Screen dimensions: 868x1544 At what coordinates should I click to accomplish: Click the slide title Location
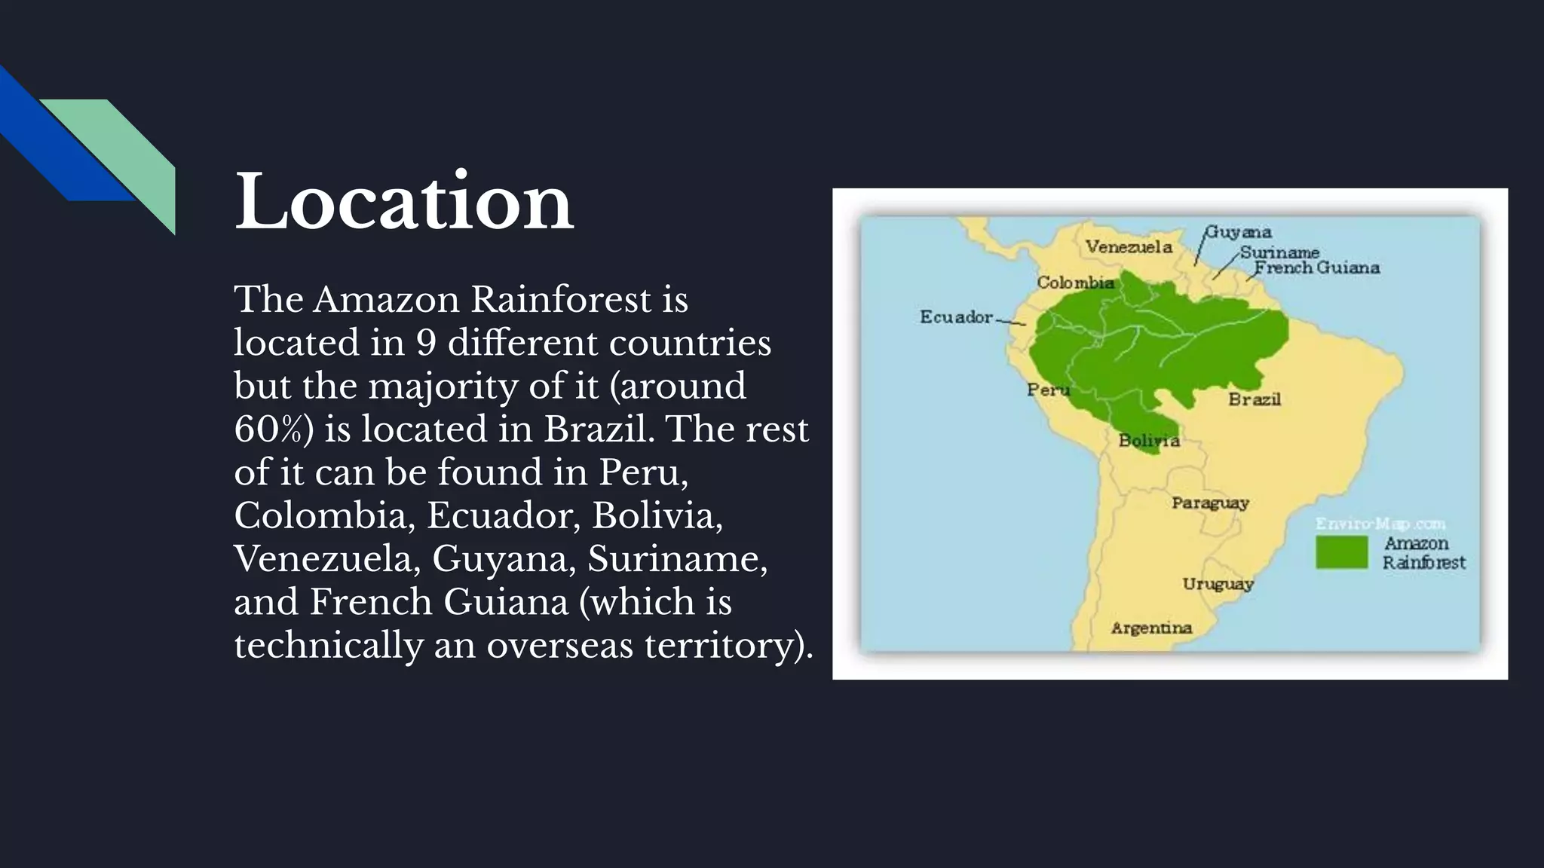pyautogui.click(x=404, y=202)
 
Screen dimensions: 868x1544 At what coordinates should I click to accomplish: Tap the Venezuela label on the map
pyautogui.click(x=1129, y=247)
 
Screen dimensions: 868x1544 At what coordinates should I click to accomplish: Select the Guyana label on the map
pyautogui.click(x=1239, y=232)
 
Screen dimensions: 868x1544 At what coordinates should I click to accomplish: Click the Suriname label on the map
pyautogui.click(x=1279, y=252)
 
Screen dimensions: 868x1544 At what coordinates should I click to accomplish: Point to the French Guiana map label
pyautogui.click(x=1316, y=267)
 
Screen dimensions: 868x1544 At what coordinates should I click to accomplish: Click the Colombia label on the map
pyautogui.click(x=1075, y=283)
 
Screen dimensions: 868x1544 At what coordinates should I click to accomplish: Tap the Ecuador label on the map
pyautogui.click(x=956, y=317)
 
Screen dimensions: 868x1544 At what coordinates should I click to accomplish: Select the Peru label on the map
pyautogui.click(x=1048, y=390)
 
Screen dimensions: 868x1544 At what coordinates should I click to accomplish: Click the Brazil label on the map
pyautogui.click(x=1254, y=399)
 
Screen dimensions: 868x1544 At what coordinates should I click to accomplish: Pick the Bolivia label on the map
pyautogui.click(x=1148, y=441)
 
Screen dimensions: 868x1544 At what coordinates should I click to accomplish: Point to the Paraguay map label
pyautogui.click(x=1210, y=503)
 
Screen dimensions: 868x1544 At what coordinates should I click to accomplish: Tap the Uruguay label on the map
pyautogui.click(x=1218, y=584)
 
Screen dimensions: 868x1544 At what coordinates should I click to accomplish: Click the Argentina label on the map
pyautogui.click(x=1151, y=628)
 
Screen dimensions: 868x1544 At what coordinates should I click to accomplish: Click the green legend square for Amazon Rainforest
pyautogui.click(x=1341, y=552)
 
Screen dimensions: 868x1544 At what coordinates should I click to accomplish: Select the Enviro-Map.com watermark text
pyautogui.click(x=1380, y=524)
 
